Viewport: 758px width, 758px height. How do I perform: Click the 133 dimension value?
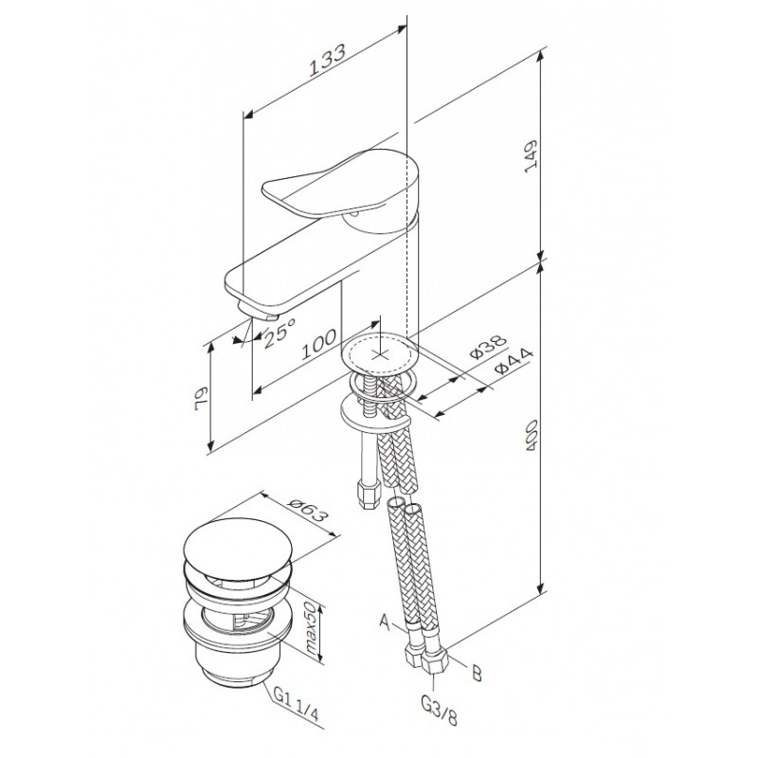[x=328, y=61]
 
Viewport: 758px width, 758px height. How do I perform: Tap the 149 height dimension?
[x=531, y=155]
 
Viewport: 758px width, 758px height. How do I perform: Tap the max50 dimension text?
[x=311, y=629]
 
